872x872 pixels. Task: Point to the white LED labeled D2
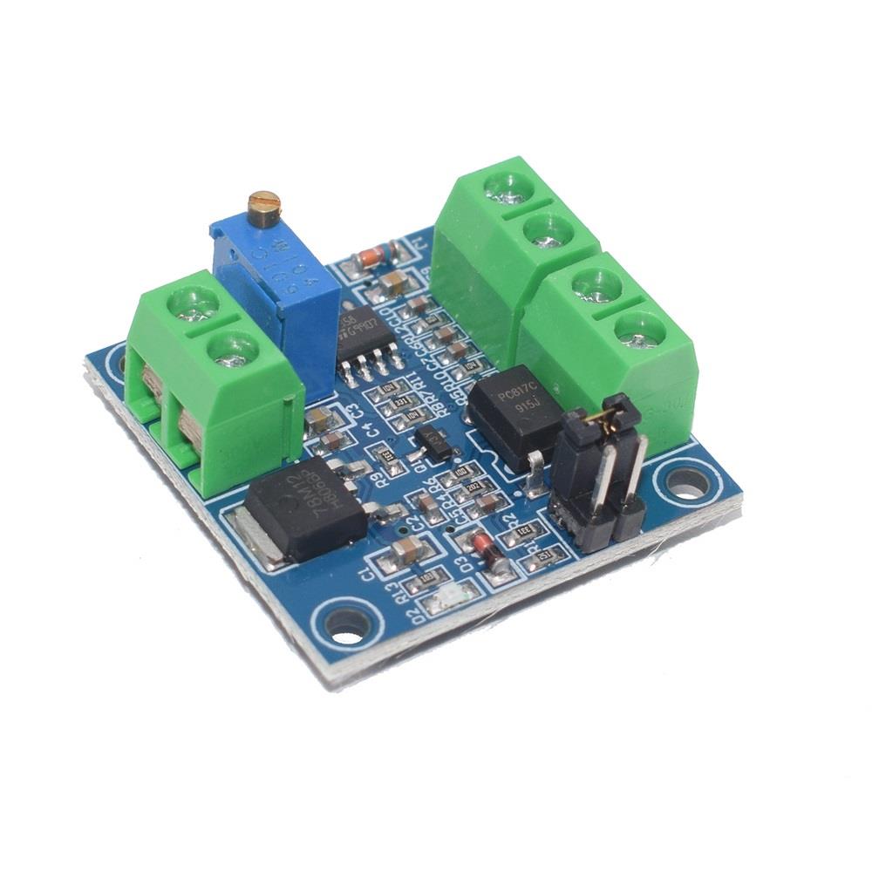click(449, 597)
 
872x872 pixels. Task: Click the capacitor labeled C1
click(407, 550)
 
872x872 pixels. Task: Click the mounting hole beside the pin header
click(686, 481)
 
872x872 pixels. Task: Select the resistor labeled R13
click(427, 576)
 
